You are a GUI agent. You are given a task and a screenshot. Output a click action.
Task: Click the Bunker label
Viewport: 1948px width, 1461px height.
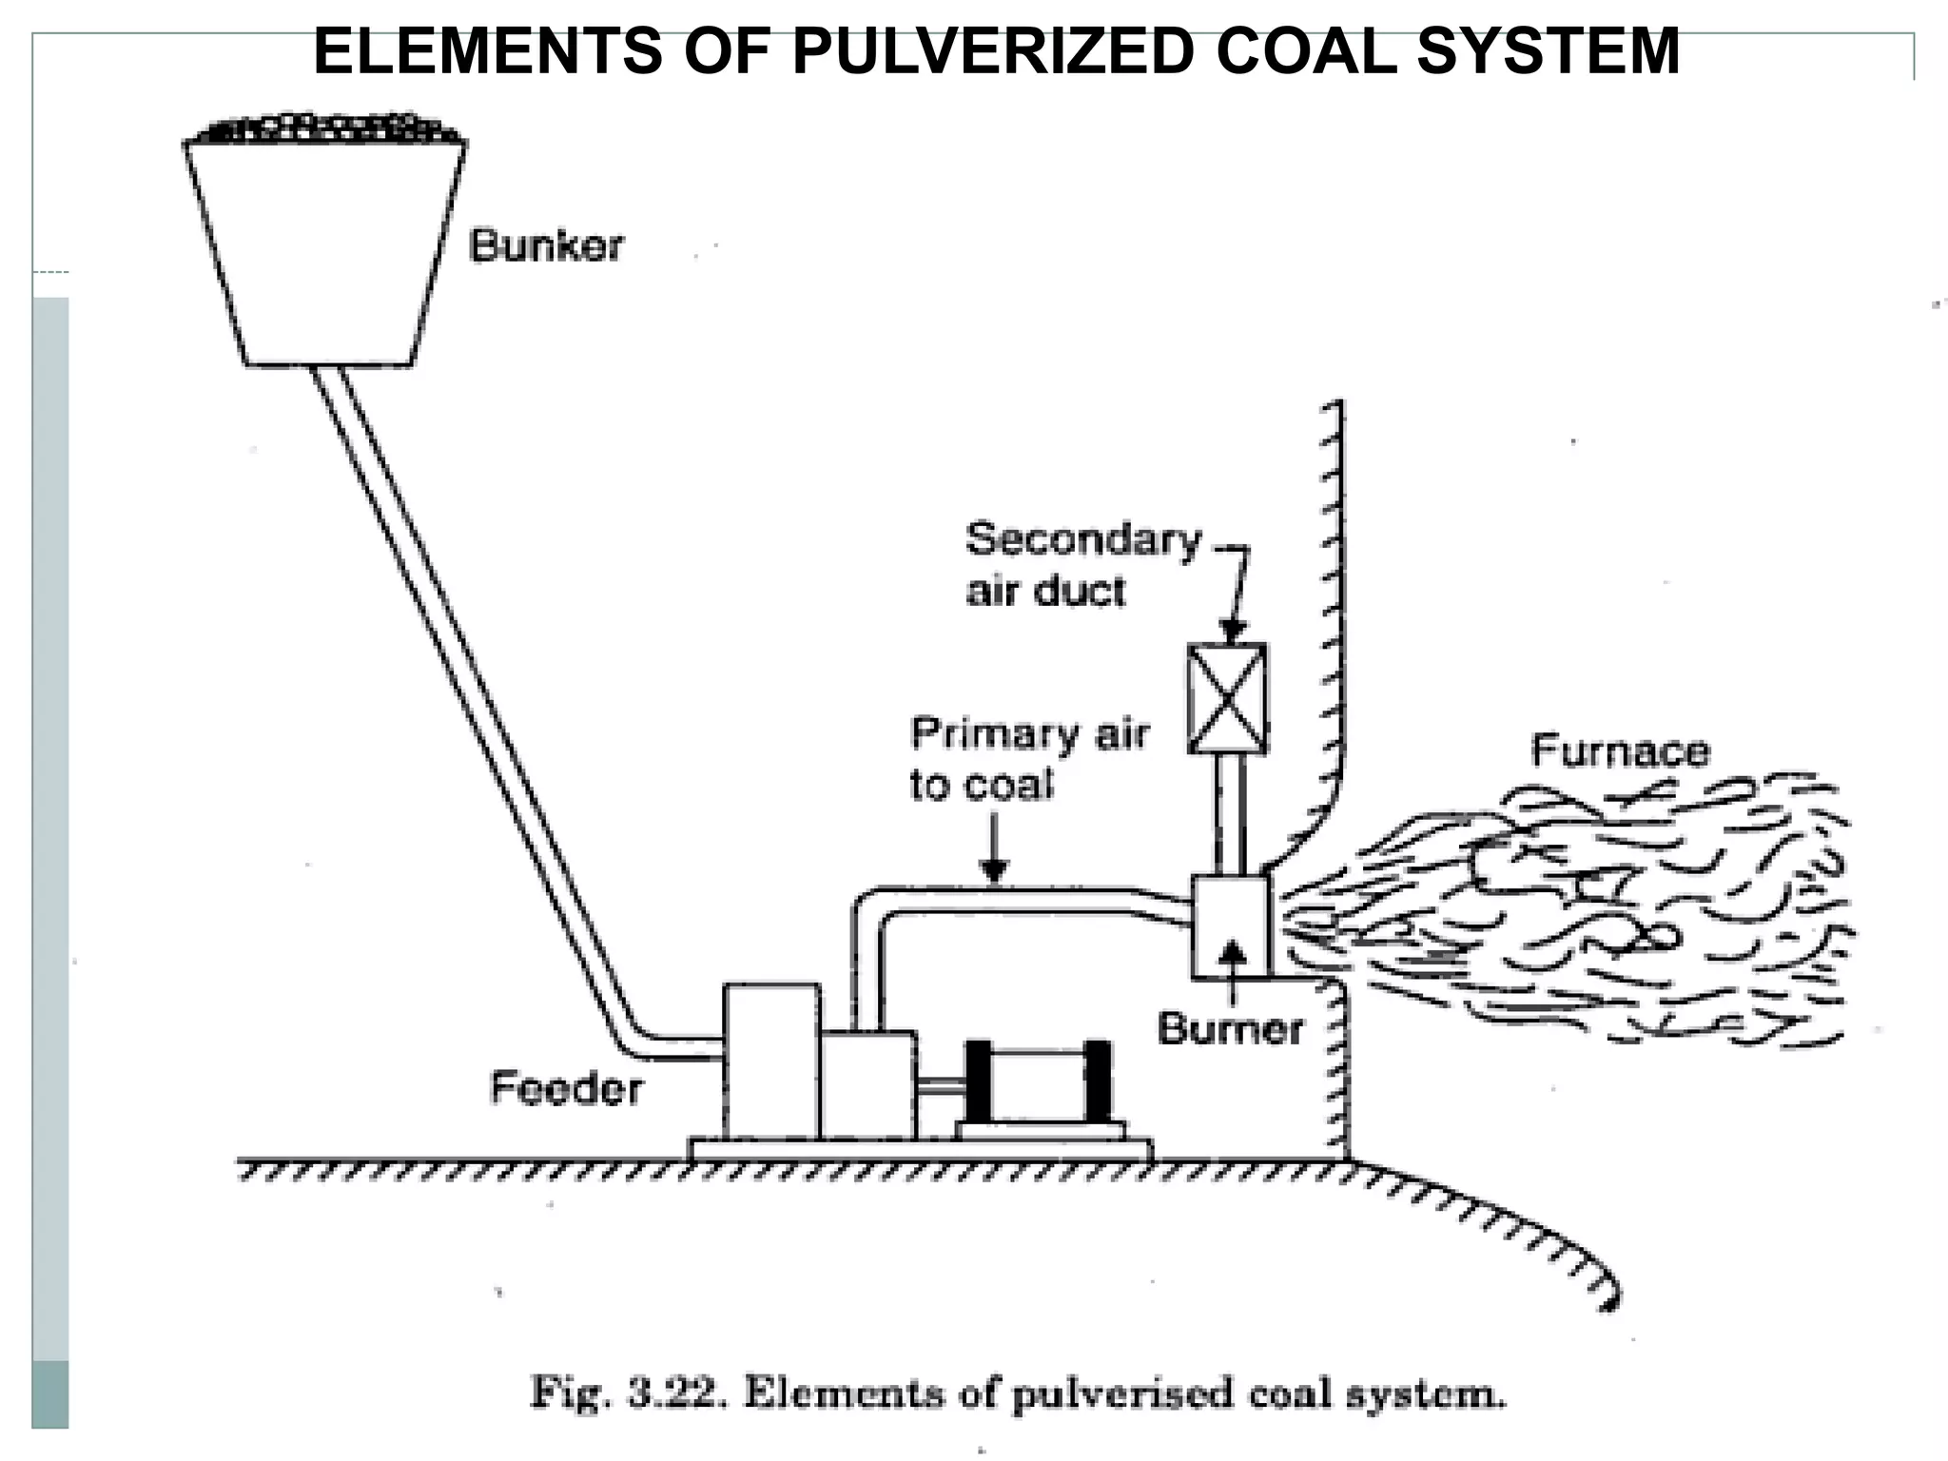click(x=546, y=246)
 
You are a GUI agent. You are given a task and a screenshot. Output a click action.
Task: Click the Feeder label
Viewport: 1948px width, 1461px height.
click(x=566, y=1088)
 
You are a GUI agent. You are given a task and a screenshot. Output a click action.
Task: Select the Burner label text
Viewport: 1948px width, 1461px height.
click(x=1230, y=1029)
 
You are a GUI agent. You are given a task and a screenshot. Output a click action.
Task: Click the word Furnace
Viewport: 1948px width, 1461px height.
click(x=1620, y=751)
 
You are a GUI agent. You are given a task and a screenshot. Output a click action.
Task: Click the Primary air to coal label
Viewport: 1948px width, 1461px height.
click(x=1027, y=759)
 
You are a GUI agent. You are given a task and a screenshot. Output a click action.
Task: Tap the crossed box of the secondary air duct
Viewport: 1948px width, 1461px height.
click(x=1228, y=699)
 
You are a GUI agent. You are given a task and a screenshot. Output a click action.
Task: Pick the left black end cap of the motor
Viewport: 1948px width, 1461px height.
click(x=979, y=1081)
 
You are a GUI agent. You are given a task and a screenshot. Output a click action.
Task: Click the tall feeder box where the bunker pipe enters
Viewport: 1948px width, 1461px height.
click(x=770, y=1061)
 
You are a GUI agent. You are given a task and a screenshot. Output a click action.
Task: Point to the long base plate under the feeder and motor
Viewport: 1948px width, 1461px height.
click(x=920, y=1150)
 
